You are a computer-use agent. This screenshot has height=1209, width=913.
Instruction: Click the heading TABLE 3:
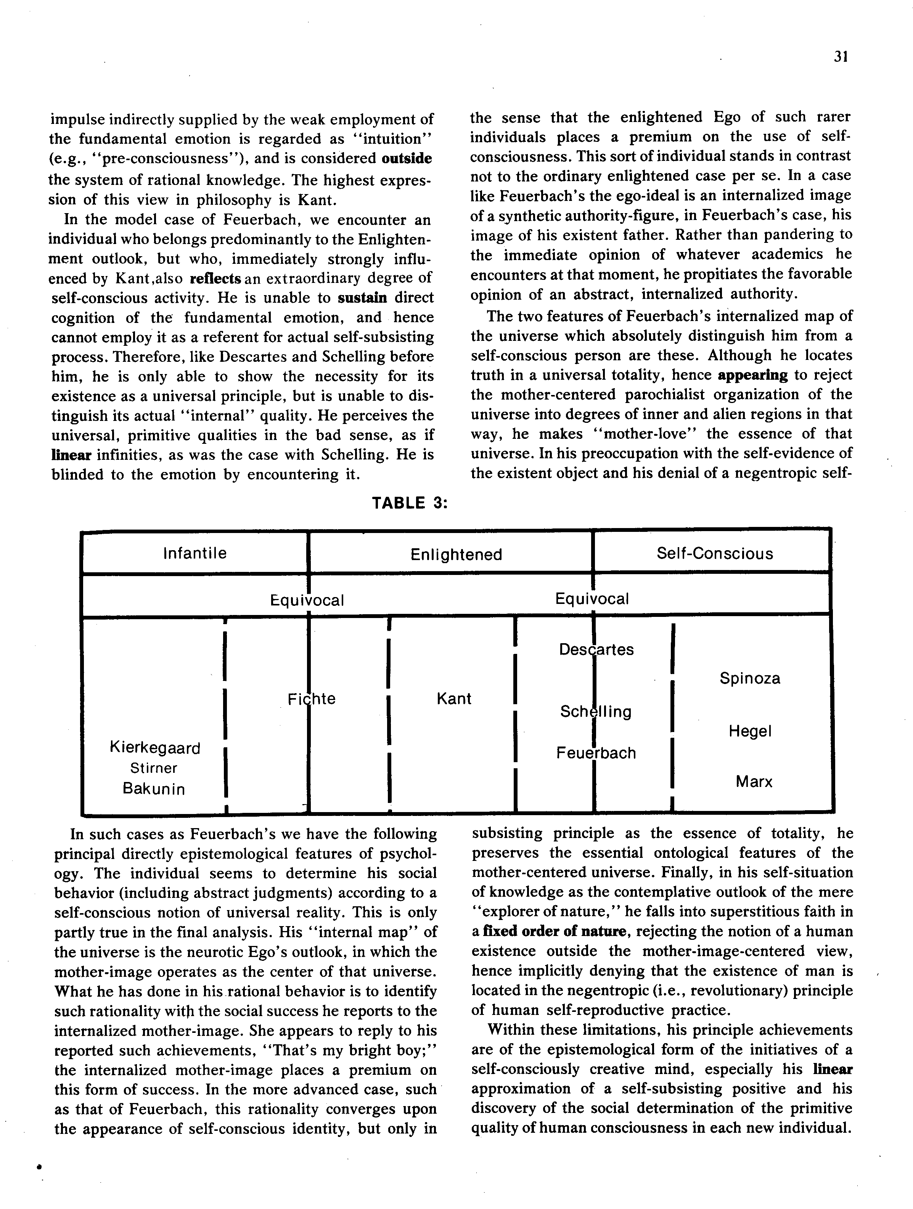410,503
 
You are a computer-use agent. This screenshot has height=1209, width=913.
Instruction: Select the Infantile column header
194,553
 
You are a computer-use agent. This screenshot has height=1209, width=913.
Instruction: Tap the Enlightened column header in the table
456,555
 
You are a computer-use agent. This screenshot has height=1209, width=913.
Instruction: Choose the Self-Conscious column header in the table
715,554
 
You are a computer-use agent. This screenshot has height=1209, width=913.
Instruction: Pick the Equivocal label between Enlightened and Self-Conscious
592,599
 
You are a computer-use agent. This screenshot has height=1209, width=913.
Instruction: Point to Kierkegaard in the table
155,748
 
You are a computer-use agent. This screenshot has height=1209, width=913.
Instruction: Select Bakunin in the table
154,789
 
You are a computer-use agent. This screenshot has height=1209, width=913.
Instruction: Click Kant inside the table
454,698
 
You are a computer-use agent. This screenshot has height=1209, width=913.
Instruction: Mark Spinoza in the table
749,678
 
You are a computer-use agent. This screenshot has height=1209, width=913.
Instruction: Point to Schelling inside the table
595,711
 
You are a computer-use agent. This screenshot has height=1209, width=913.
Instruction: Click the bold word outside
407,159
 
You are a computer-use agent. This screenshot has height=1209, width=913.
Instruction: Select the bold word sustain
362,298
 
